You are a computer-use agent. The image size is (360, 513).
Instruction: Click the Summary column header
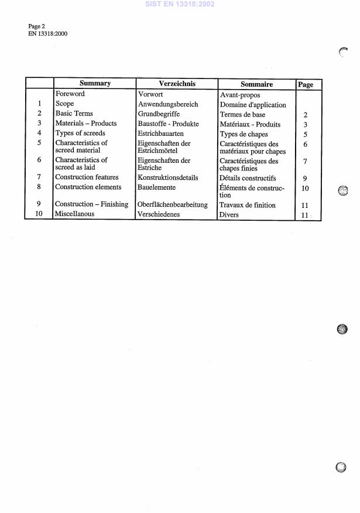(x=95, y=84)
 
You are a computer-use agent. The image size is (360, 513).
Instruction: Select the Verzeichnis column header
(x=176, y=84)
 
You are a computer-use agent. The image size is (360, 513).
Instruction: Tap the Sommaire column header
(x=256, y=84)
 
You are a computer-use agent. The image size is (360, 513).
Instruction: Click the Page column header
(x=306, y=85)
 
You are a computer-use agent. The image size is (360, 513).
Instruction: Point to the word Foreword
(x=70, y=94)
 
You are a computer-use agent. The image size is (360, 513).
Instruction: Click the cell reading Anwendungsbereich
(x=168, y=104)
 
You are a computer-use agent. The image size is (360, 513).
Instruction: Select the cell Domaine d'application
(x=253, y=105)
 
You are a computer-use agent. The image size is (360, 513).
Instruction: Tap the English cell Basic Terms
(x=74, y=114)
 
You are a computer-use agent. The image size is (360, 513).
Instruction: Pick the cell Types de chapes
(x=244, y=135)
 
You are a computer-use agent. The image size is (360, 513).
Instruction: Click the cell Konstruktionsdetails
(x=168, y=177)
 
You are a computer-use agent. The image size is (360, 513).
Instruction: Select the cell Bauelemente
(x=156, y=187)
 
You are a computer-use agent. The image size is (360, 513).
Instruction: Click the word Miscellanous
(x=74, y=214)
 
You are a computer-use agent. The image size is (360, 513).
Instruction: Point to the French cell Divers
(x=229, y=215)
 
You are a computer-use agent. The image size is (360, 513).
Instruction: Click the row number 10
(x=39, y=214)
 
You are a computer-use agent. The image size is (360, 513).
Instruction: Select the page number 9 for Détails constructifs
(x=305, y=179)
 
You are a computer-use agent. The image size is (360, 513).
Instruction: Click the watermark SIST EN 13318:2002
(x=179, y=4)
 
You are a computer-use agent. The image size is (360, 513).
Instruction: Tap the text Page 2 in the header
(x=36, y=26)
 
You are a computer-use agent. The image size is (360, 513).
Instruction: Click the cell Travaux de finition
(x=247, y=206)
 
